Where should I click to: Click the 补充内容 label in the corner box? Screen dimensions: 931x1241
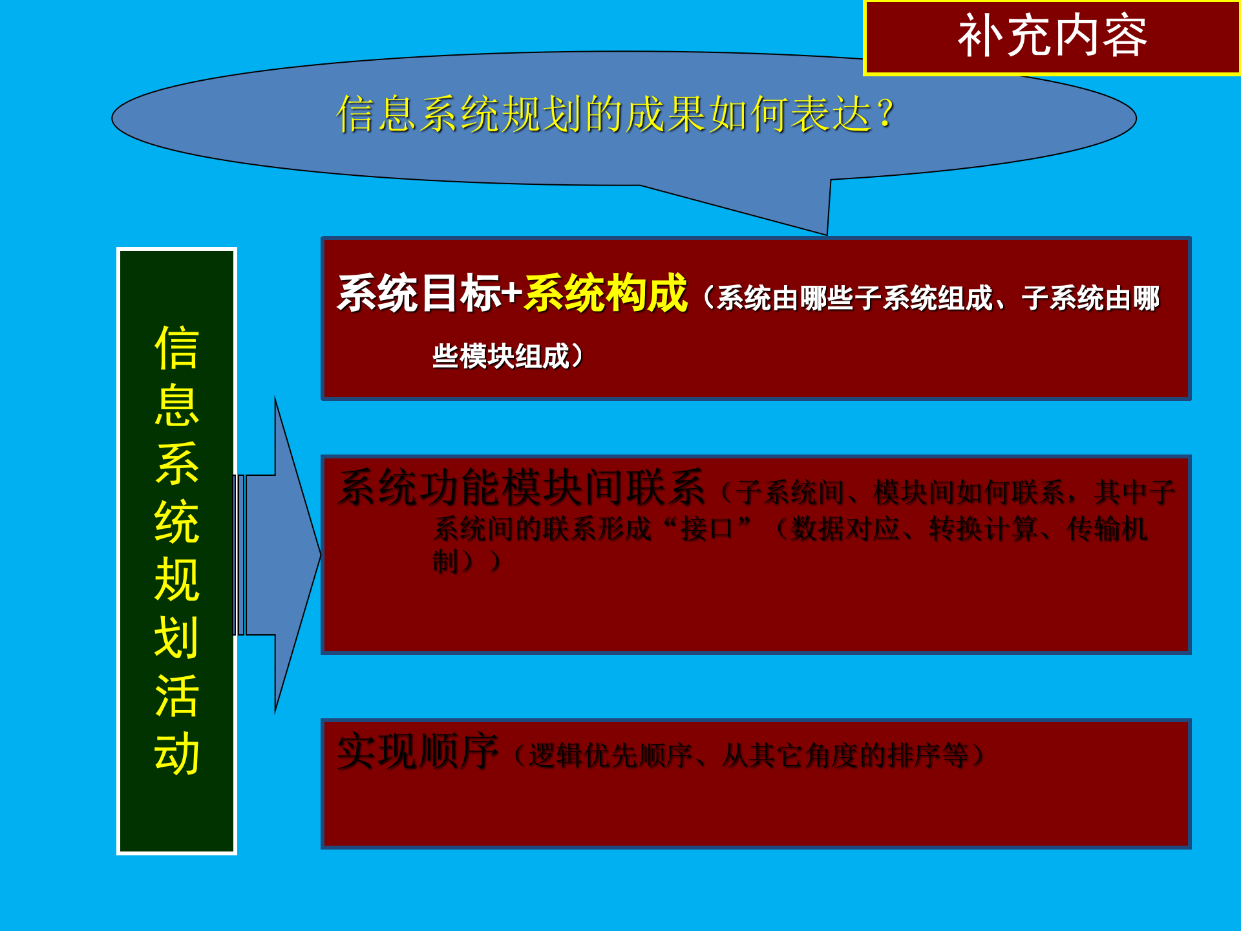point(1052,36)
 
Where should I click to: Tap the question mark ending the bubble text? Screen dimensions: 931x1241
point(886,114)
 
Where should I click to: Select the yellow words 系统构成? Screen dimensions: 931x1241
point(606,294)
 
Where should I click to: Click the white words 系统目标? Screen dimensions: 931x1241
point(419,294)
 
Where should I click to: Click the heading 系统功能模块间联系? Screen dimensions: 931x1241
point(521,488)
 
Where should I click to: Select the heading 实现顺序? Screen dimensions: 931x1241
point(418,752)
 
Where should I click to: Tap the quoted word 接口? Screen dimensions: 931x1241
point(706,530)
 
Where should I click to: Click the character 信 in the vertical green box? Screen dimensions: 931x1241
point(176,348)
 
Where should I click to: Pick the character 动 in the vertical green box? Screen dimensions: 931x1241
point(176,753)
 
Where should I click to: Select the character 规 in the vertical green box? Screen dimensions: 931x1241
point(176,579)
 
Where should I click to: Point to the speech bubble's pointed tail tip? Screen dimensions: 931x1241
point(826,233)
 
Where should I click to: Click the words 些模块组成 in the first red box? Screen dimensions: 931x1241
point(501,356)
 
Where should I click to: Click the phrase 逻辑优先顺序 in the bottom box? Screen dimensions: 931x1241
point(610,755)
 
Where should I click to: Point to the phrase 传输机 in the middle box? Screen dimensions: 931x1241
point(1107,530)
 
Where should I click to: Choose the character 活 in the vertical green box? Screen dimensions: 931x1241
point(176,696)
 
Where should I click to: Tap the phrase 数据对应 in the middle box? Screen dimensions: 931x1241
point(845,530)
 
